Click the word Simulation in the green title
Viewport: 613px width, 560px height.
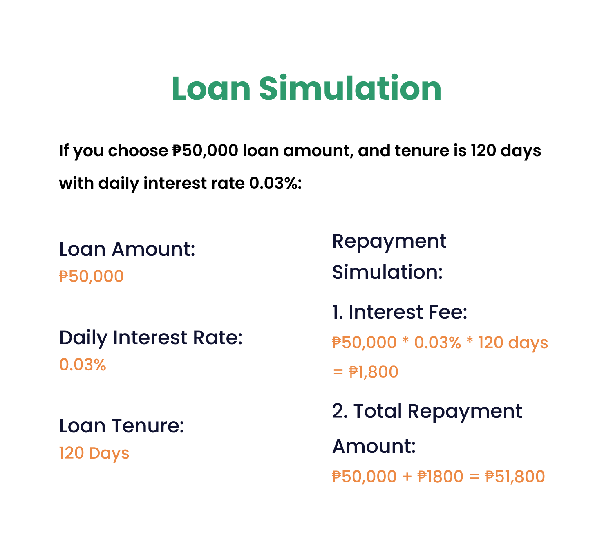coord(350,87)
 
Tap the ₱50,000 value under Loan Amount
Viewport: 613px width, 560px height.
coord(92,277)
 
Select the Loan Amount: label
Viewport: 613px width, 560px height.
coord(127,249)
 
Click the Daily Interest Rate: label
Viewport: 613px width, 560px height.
coord(151,338)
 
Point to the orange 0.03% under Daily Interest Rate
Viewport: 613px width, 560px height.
coord(83,365)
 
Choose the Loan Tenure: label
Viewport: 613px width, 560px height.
coord(122,426)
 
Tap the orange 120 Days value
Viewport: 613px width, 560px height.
coord(94,453)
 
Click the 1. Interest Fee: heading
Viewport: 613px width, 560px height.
coord(399,312)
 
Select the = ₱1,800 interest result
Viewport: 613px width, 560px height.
coord(365,372)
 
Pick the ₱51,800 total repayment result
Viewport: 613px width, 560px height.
coord(515,477)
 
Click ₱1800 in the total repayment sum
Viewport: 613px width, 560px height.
coord(441,477)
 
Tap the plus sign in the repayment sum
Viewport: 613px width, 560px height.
coord(407,477)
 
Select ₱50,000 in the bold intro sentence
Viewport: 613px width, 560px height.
coord(205,151)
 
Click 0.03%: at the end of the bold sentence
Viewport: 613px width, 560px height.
coord(275,184)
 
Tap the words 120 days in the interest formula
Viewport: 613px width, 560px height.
coord(513,343)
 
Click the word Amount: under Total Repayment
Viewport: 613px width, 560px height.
coord(374,447)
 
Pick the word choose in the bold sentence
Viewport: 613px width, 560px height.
coord(138,151)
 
